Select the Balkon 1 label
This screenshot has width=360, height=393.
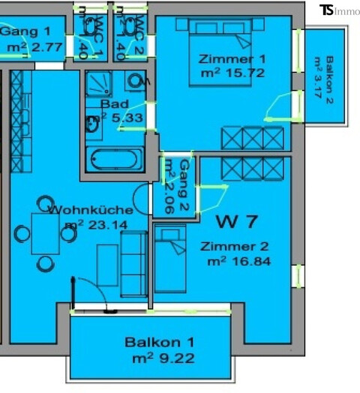153,343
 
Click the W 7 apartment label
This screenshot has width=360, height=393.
237,222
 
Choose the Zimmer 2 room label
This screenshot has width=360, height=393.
234,246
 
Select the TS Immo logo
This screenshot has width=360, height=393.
339,10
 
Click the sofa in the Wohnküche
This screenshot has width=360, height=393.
133,263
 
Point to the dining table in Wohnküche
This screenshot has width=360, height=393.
45,233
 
